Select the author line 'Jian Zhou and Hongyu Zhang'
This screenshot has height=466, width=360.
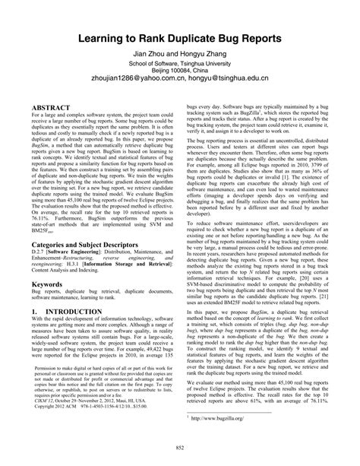180,55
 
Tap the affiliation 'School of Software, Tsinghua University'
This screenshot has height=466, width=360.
180,65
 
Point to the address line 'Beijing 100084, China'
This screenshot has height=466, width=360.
180,74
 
